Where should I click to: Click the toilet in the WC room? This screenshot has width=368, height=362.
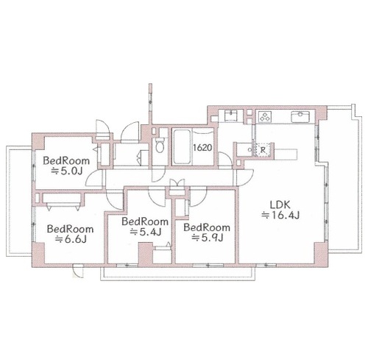(160, 145)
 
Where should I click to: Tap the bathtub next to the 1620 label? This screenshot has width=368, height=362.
(182, 146)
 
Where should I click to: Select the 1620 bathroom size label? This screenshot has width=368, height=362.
(202, 148)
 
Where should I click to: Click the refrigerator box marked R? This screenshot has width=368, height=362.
(263, 149)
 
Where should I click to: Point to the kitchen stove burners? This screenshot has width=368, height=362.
(265, 116)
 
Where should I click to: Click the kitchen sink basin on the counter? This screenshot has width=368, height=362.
(300, 116)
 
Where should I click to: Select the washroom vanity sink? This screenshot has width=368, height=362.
(230, 116)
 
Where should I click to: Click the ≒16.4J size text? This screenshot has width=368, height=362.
(280, 215)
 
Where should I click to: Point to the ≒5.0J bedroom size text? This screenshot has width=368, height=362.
(66, 171)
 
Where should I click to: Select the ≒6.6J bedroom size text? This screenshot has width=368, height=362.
(71, 239)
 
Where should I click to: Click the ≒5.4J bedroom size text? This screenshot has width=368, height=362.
(146, 232)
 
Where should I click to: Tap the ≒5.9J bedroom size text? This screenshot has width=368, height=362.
(208, 238)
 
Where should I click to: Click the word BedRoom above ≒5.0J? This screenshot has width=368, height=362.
(66, 160)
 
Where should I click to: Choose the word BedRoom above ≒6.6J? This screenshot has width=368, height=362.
(71, 229)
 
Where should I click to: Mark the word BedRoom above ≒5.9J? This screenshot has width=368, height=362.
(207, 227)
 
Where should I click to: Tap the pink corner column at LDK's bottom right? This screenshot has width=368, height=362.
(321, 254)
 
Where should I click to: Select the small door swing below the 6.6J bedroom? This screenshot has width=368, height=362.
(79, 271)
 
